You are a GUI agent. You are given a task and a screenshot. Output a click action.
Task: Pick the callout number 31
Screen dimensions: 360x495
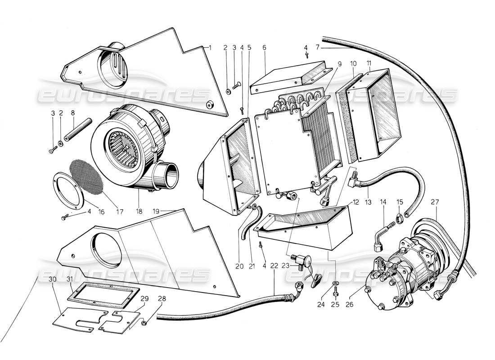[70, 279]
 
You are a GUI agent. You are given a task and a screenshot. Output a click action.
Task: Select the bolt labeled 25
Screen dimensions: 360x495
[336, 293]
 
